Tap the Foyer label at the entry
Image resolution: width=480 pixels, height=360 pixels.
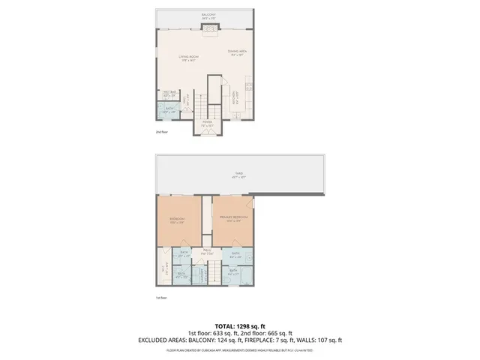207,123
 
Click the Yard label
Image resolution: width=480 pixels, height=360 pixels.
238,175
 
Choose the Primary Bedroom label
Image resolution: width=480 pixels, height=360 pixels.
233,218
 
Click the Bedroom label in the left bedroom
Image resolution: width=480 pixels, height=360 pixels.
177,220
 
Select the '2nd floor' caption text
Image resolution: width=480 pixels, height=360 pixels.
160,132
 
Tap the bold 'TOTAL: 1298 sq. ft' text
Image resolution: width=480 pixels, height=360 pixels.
239,326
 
